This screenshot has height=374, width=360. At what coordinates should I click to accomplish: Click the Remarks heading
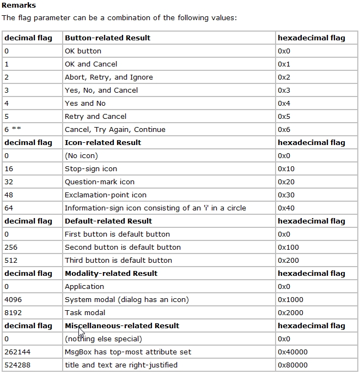point(19,5)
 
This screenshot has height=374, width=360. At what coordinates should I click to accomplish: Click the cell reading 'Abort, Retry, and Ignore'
point(108,77)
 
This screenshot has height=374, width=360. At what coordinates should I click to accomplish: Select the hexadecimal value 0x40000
point(292,352)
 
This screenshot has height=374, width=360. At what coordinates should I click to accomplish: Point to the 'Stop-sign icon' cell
point(90,169)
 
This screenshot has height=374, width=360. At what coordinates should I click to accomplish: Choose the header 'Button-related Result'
point(107,38)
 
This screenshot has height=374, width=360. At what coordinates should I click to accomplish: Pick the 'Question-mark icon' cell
point(99,182)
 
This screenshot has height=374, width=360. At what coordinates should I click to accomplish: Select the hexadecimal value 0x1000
point(290,300)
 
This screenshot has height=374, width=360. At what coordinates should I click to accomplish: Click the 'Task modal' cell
point(84,313)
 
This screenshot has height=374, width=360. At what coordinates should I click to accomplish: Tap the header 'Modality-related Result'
point(111,274)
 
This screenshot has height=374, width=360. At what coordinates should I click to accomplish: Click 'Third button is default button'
point(118,261)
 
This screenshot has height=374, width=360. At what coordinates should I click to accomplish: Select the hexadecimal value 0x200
point(288,261)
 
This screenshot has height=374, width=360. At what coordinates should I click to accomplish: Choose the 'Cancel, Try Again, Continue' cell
point(115,130)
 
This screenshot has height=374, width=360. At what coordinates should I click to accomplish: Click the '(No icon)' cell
point(81,156)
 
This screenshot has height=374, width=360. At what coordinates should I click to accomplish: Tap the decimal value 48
point(9,195)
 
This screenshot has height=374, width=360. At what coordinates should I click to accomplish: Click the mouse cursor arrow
point(81,333)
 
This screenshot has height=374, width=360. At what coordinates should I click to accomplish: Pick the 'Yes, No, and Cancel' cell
point(101,91)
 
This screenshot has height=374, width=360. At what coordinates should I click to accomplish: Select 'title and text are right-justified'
point(121,365)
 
